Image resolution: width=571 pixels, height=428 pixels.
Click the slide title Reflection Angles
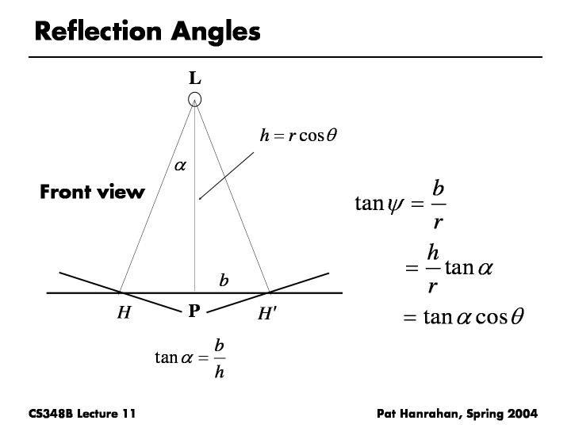148,32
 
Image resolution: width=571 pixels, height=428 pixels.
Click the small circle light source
195,100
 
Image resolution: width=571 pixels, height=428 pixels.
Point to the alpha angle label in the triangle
179,166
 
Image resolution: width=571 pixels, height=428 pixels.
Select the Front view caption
92,192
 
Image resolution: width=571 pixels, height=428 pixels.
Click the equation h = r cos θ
299,136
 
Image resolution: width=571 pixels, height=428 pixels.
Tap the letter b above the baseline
224,280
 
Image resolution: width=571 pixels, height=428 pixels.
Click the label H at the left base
124,313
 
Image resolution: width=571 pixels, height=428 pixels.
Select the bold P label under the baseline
194,312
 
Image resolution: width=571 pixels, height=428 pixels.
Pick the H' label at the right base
267,313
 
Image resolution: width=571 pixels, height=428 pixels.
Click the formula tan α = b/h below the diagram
190,358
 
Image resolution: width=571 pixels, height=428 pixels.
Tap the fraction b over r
438,205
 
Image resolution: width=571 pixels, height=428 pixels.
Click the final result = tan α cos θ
464,318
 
